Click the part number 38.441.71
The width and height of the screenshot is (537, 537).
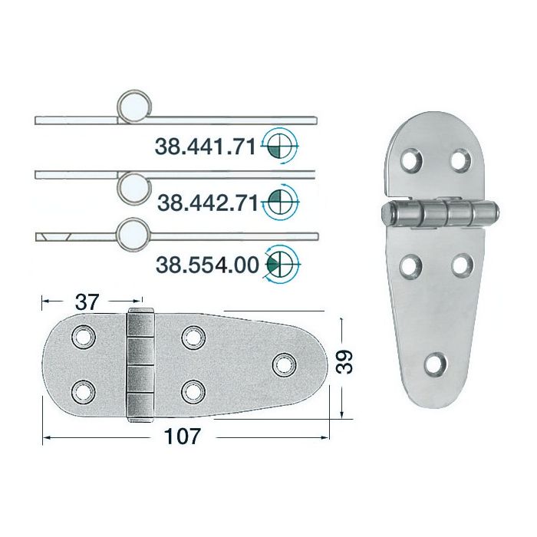tap(206, 147)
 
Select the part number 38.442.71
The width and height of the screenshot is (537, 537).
tap(208, 203)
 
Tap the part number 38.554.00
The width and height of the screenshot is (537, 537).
tap(207, 265)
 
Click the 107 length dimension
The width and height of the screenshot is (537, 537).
tap(183, 437)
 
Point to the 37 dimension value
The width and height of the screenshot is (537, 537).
tap(87, 302)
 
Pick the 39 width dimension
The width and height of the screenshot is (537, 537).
tap(344, 361)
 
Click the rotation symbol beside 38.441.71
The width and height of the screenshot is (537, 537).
tap(280, 147)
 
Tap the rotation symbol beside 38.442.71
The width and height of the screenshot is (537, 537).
tap(281, 202)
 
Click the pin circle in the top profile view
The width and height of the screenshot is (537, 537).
tap(134, 107)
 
